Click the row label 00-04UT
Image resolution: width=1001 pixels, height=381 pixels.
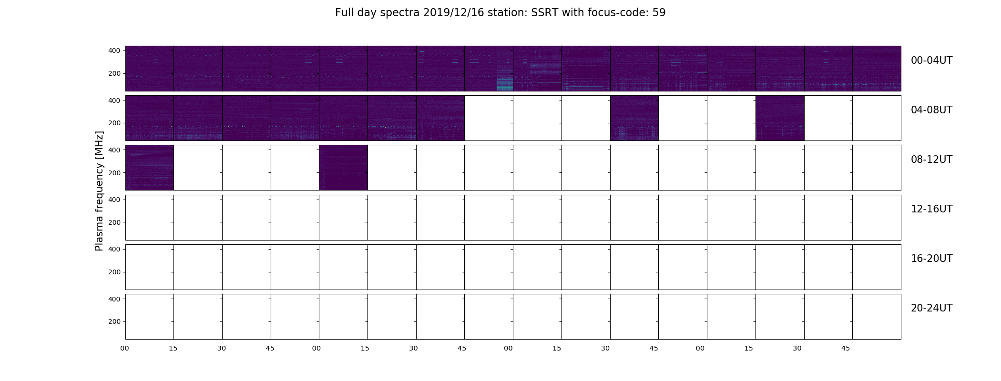pos(931,60)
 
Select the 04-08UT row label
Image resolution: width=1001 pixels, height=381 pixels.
pos(931,110)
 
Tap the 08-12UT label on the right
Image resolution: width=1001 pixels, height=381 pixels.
pos(931,160)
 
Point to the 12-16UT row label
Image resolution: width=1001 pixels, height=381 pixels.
pos(931,209)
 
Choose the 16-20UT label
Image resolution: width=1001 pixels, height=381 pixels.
pos(931,259)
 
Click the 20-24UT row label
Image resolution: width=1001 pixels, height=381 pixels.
pos(931,308)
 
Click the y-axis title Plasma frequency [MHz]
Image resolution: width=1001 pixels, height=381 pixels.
pos(99,191)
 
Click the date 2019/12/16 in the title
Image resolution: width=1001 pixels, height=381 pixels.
pos(454,13)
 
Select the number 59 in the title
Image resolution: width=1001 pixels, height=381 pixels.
pos(659,13)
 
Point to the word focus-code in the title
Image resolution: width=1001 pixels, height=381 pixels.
pos(615,13)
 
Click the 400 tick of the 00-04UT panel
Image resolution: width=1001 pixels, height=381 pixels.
pos(115,51)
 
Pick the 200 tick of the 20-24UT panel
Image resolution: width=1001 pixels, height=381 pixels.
pos(115,322)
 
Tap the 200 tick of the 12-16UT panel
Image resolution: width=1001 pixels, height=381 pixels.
pos(115,222)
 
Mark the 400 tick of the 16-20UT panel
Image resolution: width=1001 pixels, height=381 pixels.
pos(115,250)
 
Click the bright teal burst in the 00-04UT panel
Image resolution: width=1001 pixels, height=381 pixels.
pos(505,83)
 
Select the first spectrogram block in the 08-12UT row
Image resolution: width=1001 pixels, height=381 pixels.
pos(150,168)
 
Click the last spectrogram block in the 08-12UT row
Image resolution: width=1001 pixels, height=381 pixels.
pos(343,168)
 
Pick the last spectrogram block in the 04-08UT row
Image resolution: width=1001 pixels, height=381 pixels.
pos(780,118)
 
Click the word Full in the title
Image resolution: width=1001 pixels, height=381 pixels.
pos(344,13)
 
